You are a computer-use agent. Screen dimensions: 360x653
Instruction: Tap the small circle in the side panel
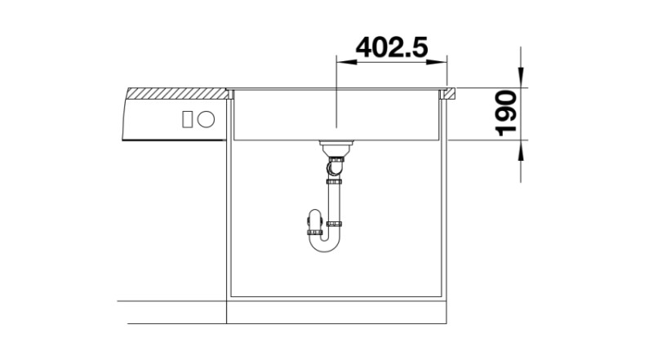(207, 118)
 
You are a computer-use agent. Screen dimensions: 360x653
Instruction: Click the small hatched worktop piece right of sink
(448, 96)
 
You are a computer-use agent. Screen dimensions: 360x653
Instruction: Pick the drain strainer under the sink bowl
(335, 149)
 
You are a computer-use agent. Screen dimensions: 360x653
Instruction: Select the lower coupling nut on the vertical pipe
(334, 223)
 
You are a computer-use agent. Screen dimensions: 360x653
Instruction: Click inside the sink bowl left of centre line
(286, 118)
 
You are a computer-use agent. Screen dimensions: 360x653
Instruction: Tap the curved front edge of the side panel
(125, 118)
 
